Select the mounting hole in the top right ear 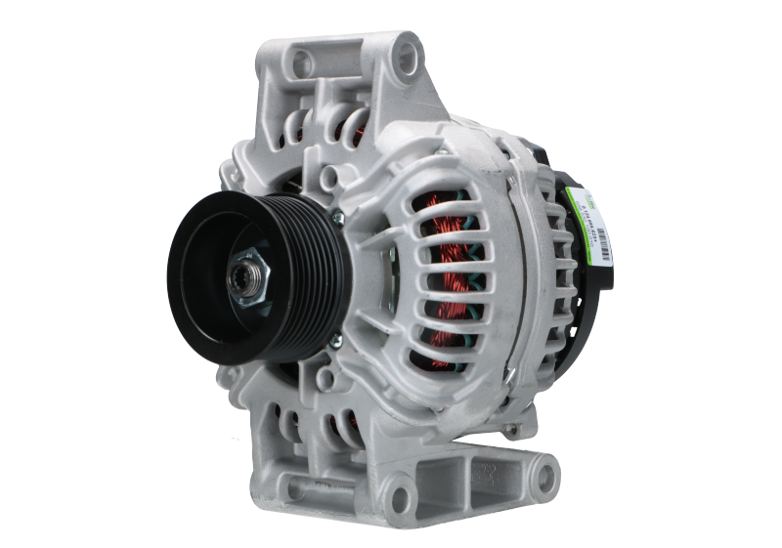(x=400, y=63)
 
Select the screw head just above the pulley (x=336, y=218)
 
